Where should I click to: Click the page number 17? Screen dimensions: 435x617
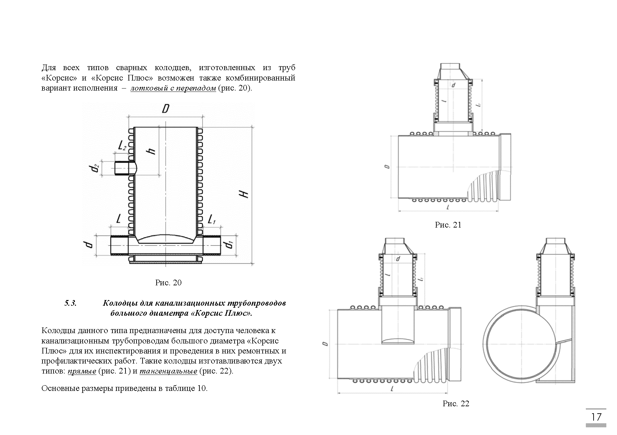click(x=596, y=417)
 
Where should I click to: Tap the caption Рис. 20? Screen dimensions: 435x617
click(x=168, y=283)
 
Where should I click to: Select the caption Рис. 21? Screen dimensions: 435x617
click(x=448, y=225)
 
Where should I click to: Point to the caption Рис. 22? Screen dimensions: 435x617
click(x=456, y=404)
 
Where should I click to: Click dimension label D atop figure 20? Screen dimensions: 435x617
click(x=165, y=109)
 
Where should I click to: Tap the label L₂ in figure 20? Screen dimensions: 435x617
click(x=122, y=145)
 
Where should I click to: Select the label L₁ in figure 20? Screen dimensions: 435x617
click(x=211, y=220)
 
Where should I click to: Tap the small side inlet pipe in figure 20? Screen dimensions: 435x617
click(x=124, y=168)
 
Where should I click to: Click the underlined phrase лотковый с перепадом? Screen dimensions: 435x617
click(x=173, y=89)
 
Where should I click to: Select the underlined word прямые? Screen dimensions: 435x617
click(x=82, y=371)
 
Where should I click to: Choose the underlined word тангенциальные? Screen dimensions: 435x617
click(x=168, y=371)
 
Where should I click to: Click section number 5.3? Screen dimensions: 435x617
click(x=70, y=303)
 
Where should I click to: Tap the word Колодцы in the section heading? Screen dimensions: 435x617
click(x=117, y=303)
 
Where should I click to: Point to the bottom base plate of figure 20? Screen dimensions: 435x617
click(x=166, y=263)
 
